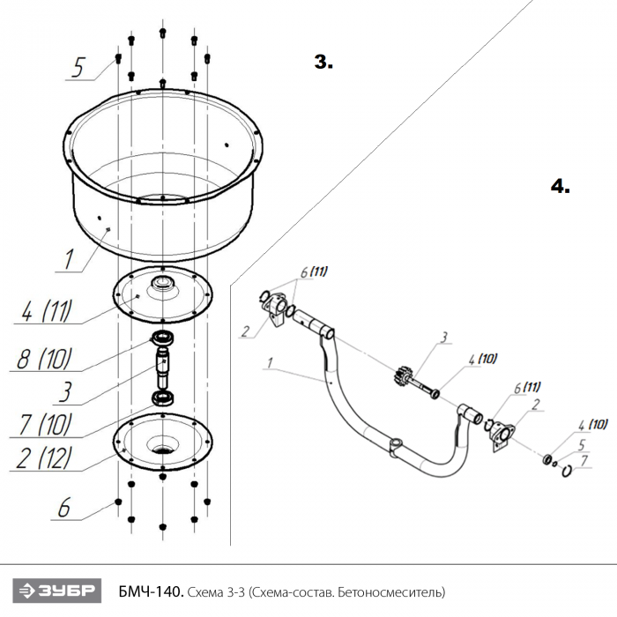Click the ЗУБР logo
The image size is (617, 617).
(x=57, y=591)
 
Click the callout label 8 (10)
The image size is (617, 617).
(x=45, y=359)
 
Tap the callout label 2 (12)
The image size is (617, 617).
(x=44, y=458)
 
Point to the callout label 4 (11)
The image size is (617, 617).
(x=48, y=311)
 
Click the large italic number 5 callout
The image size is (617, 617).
(x=78, y=67)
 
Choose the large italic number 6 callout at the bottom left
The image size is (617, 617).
(x=64, y=507)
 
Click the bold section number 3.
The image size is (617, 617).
(x=323, y=63)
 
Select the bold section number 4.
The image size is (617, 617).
(x=561, y=186)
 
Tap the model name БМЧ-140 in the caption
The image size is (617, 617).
(x=151, y=591)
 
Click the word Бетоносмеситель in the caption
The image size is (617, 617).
(x=391, y=591)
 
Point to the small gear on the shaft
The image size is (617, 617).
(x=400, y=375)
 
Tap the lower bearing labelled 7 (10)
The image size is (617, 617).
(x=163, y=398)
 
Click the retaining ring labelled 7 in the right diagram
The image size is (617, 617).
(x=567, y=471)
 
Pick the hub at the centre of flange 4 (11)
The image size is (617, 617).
(x=162, y=283)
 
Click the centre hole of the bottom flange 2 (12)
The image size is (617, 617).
(x=162, y=449)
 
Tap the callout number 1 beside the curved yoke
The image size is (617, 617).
(x=270, y=363)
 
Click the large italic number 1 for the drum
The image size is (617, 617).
(x=70, y=258)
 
